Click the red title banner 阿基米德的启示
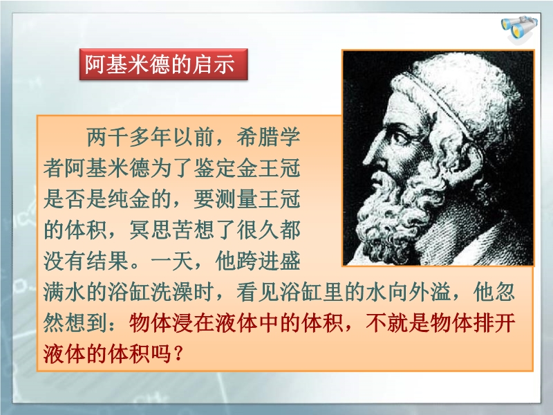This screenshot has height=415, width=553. (x=164, y=64)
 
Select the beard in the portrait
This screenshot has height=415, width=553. (x=395, y=212)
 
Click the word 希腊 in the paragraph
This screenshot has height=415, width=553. (x=257, y=138)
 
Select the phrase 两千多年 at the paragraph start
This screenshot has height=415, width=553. (x=129, y=138)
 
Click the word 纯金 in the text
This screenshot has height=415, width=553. (x=129, y=199)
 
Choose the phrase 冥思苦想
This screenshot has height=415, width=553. (x=171, y=230)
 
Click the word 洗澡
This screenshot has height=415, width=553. (x=171, y=292)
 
